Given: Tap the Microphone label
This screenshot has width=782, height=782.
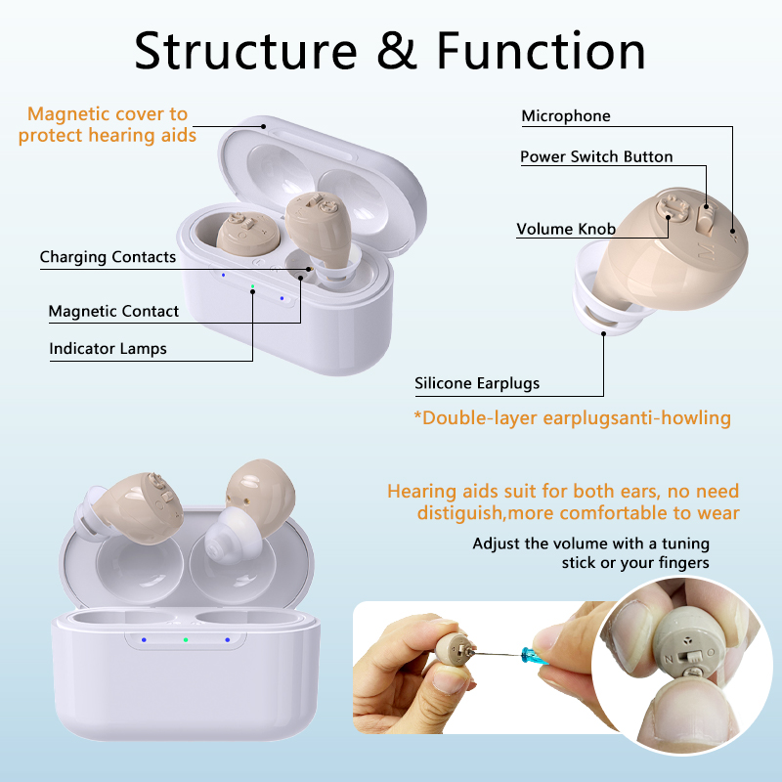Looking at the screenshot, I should (566, 116).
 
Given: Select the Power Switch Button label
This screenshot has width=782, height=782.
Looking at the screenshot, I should (596, 156).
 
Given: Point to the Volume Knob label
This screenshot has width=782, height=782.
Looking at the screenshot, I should (566, 230).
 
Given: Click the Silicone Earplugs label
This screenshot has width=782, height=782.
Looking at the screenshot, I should (477, 383).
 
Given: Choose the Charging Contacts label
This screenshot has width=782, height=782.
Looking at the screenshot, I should (108, 257).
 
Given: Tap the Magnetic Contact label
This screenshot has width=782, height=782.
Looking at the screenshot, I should (113, 312).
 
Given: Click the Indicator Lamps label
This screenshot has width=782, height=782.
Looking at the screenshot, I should (108, 349).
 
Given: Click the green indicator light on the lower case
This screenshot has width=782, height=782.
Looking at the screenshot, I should (186, 640).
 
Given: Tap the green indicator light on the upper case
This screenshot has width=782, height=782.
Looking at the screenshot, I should (252, 287).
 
